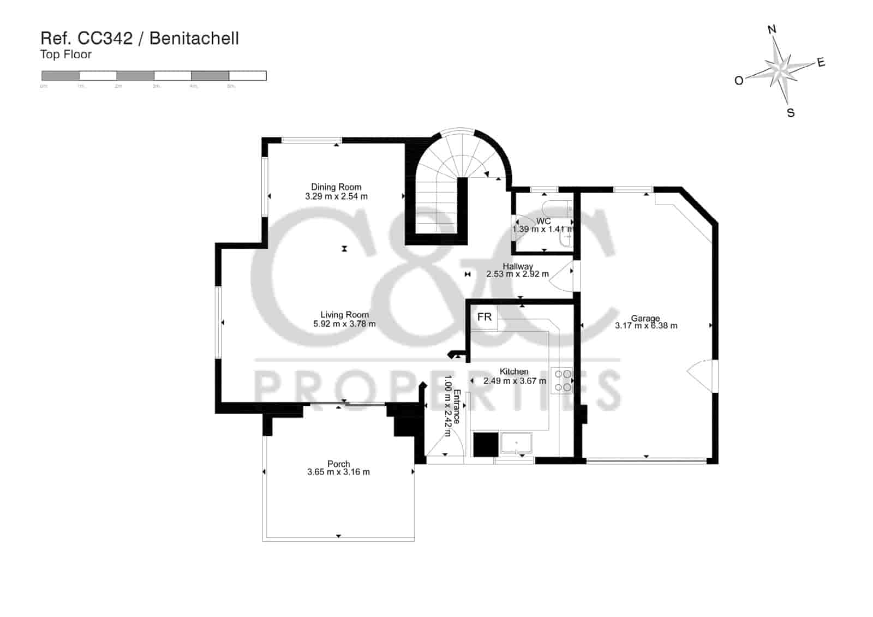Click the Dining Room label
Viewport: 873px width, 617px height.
coord(336,187)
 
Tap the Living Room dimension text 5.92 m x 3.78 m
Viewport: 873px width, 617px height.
coord(344,324)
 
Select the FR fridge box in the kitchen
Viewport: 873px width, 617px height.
coord(484,317)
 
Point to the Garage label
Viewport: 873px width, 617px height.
coord(645,318)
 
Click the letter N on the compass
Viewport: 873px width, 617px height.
coord(772,29)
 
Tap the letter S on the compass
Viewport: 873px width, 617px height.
coord(791,113)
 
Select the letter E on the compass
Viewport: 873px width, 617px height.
coord(821,63)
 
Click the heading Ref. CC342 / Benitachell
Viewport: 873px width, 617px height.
coord(140,38)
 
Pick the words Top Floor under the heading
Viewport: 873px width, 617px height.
coord(65,55)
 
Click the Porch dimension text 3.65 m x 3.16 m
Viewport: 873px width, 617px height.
coord(338,472)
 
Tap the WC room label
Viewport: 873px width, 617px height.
coord(543,221)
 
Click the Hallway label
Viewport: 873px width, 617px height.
coord(518,266)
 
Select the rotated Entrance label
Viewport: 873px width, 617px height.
coord(457,406)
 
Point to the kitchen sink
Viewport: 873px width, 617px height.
coord(516,444)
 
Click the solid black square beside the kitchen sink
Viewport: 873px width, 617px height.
coord(486,444)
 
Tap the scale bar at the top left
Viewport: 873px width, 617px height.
coord(154,76)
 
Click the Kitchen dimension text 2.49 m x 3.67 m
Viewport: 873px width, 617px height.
coord(515,381)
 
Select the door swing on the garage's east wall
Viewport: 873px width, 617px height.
coord(701,375)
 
